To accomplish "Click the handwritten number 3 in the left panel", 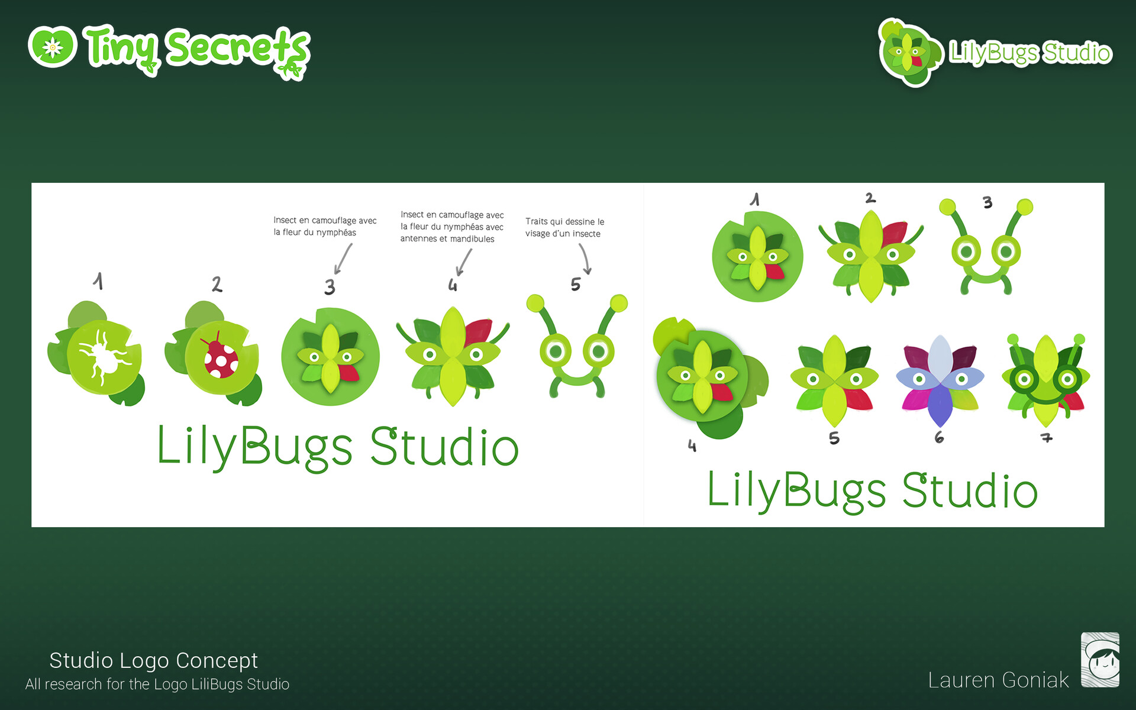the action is [x=330, y=287].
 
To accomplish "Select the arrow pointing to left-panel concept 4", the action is [x=464, y=262].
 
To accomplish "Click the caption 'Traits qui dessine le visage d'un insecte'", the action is [x=564, y=228].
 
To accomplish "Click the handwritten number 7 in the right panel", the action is [x=1047, y=438].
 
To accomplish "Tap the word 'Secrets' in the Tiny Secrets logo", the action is [x=238, y=51].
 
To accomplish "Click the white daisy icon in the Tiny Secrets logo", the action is [x=53, y=47].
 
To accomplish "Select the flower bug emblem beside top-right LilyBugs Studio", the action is [x=909, y=53].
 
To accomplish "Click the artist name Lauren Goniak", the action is [x=998, y=680].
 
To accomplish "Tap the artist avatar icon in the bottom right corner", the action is [x=1100, y=660].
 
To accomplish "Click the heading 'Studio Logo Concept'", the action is [x=153, y=660].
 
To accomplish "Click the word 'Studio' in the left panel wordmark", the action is [x=445, y=447].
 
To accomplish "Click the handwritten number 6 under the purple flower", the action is [x=939, y=437].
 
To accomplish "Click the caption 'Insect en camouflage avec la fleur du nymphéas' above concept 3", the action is [x=325, y=227].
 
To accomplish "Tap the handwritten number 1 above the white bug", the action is [x=98, y=281].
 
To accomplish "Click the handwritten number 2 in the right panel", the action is [x=870, y=198].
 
